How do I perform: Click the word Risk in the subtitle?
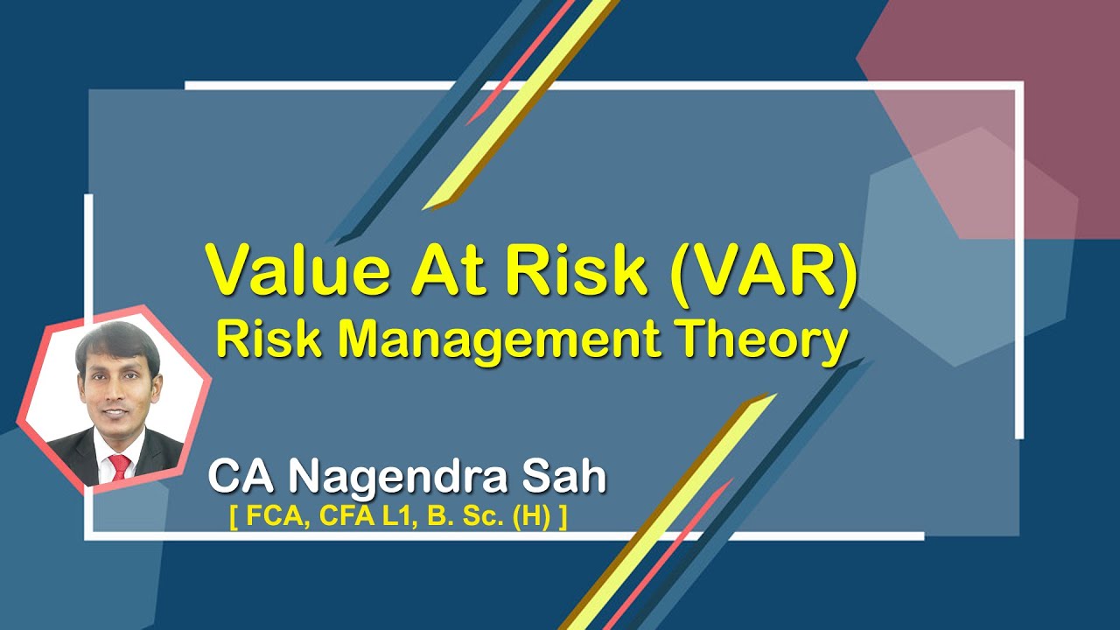(264, 339)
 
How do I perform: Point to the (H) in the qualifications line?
(534, 517)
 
